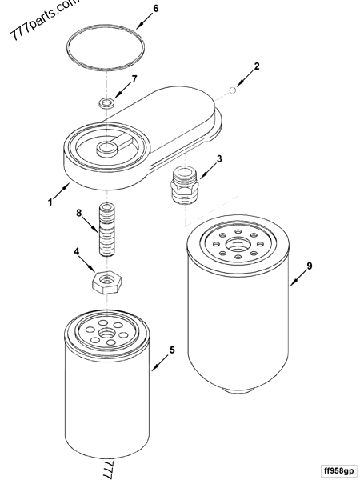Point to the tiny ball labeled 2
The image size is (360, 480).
point(231,90)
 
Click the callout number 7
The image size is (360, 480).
point(134,78)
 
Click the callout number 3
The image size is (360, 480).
point(220,158)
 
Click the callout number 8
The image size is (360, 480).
point(78,213)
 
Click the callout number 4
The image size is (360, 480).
point(78,252)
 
